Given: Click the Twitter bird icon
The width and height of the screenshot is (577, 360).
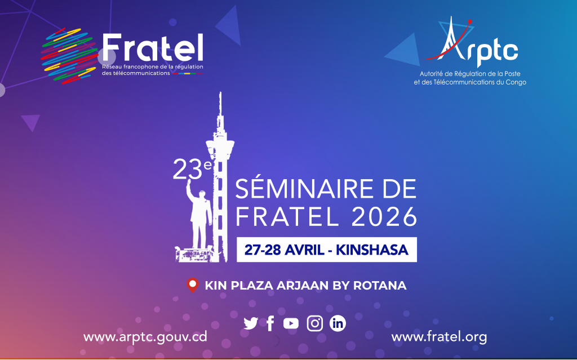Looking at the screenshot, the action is (x=251, y=323).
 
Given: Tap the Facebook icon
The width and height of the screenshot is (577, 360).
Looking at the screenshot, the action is (x=270, y=323).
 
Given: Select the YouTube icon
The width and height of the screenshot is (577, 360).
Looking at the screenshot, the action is (x=291, y=323).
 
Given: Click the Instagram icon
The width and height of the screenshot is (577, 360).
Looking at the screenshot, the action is (x=315, y=323).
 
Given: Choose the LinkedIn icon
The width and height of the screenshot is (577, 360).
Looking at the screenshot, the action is (x=338, y=323).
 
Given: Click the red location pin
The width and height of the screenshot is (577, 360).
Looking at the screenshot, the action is (x=193, y=285).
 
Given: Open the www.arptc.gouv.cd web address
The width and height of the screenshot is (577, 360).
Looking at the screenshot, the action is (x=145, y=337).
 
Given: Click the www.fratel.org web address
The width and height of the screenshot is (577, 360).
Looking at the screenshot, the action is (x=439, y=337).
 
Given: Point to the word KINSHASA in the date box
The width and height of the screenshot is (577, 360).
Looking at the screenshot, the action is (x=372, y=250).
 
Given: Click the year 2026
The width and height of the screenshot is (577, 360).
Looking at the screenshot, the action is (x=384, y=216).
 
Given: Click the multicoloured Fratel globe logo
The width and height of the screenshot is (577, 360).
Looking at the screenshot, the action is (x=69, y=56).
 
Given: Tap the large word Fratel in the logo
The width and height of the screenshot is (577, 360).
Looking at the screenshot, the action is (x=153, y=48).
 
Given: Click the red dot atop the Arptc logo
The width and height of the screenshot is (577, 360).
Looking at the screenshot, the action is (x=469, y=22).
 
